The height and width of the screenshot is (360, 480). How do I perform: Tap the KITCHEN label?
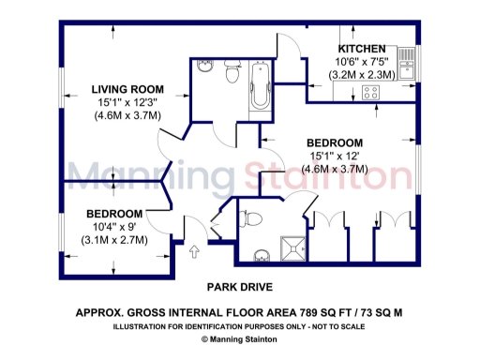pos(361,48)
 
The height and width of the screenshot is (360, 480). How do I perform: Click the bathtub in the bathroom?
pos(260,88)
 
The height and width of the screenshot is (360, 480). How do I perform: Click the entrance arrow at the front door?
pos(194,250)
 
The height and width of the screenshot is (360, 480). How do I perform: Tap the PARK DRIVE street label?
pos(239,287)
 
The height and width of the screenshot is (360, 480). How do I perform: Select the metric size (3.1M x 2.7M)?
pos(114,239)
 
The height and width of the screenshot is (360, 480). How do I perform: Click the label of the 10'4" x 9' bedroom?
pos(114,213)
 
